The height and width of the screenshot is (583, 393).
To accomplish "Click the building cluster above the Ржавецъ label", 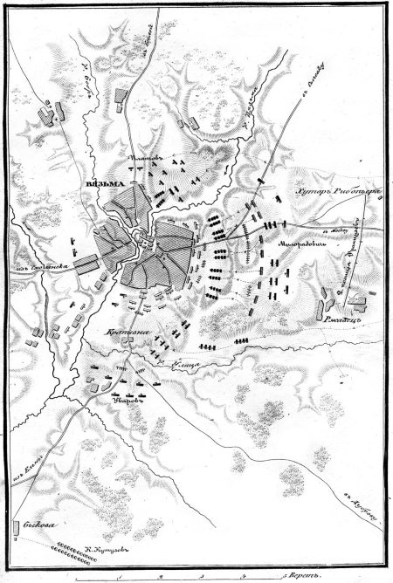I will pyautogui.click(x=355, y=301).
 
